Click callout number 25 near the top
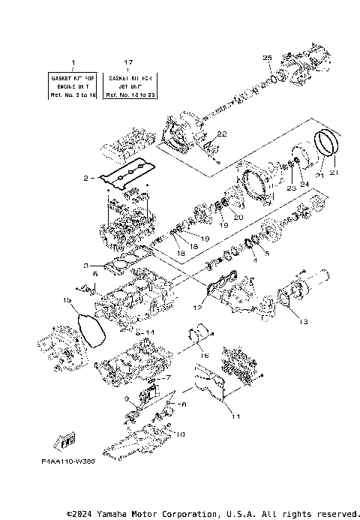(x=266, y=57)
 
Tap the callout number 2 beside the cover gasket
(x=86, y=179)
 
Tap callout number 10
(x=181, y=434)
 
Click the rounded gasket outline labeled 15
(x=92, y=330)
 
